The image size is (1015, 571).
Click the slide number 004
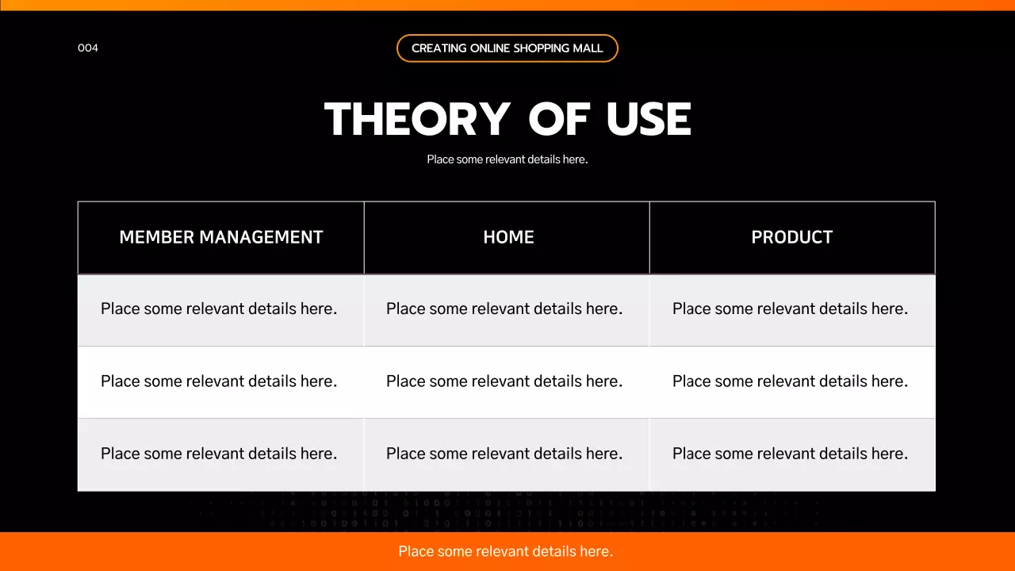click(88, 48)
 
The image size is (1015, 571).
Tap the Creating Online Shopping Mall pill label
click(507, 48)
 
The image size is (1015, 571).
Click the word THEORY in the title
click(417, 120)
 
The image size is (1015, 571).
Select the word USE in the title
click(649, 120)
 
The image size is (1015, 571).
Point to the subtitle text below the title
click(507, 159)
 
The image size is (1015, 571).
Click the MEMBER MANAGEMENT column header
click(220, 237)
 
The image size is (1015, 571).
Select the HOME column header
click(508, 237)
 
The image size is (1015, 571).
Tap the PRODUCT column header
click(791, 237)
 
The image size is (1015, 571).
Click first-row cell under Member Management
click(219, 308)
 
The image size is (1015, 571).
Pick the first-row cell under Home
click(504, 308)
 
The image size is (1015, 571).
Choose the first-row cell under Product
click(790, 308)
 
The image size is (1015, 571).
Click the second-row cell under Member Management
click(219, 381)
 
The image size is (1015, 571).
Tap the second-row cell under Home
click(504, 381)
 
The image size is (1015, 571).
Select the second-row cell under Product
click(790, 381)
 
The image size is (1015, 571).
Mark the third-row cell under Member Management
click(219, 454)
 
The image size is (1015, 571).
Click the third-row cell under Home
click(504, 454)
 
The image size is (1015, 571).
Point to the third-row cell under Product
click(790, 454)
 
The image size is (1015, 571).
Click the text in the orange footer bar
click(506, 551)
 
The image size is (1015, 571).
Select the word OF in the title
click(559, 120)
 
